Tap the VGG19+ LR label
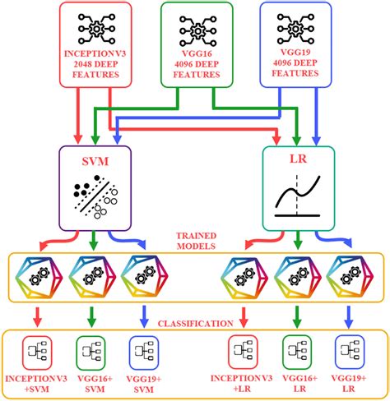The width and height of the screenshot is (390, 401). pos(352,382)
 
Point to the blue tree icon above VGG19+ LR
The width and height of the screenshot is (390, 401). pos(352,349)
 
